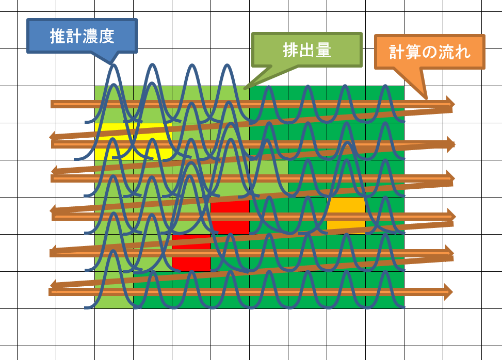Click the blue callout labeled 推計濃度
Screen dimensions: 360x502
[82, 36]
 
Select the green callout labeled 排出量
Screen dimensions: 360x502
[307, 50]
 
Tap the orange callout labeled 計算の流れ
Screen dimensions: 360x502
[430, 52]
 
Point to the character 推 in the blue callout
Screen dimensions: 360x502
[58, 37]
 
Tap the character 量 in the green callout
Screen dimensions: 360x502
[323, 51]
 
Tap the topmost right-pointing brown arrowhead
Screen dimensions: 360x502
[450, 104]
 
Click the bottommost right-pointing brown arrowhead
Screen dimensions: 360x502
[448, 292]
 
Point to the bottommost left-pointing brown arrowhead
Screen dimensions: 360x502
[53, 284]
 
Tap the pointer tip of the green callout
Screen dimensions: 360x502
[245, 89]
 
